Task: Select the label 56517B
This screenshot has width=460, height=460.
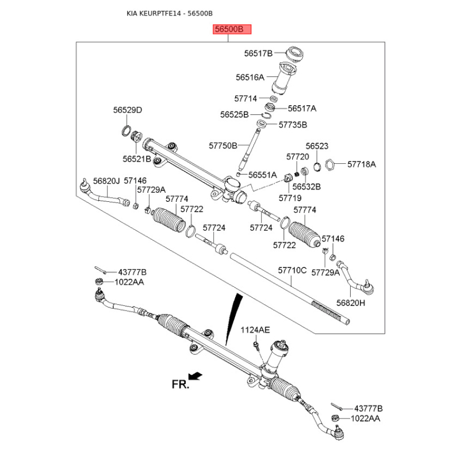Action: tap(258, 53)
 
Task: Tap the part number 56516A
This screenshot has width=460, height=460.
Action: tap(250, 76)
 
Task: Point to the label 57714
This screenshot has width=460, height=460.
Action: tap(246, 99)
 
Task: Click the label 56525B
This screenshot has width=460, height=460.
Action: tap(234, 114)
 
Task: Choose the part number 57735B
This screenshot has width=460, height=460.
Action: tap(293, 124)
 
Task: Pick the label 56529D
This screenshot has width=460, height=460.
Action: tap(127, 110)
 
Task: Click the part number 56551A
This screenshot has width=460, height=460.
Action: tap(263, 175)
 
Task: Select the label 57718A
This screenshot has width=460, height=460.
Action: tap(361, 164)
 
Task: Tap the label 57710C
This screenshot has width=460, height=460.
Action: tap(293, 269)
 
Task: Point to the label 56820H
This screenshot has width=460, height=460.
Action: tap(351, 302)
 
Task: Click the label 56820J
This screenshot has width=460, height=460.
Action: tap(106, 181)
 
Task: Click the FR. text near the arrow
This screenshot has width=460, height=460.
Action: tap(180, 385)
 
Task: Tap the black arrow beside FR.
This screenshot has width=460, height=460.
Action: tap(196, 376)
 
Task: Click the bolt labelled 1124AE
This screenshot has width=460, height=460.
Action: tap(255, 346)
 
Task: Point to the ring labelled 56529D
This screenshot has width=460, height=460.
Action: tap(126, 129)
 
